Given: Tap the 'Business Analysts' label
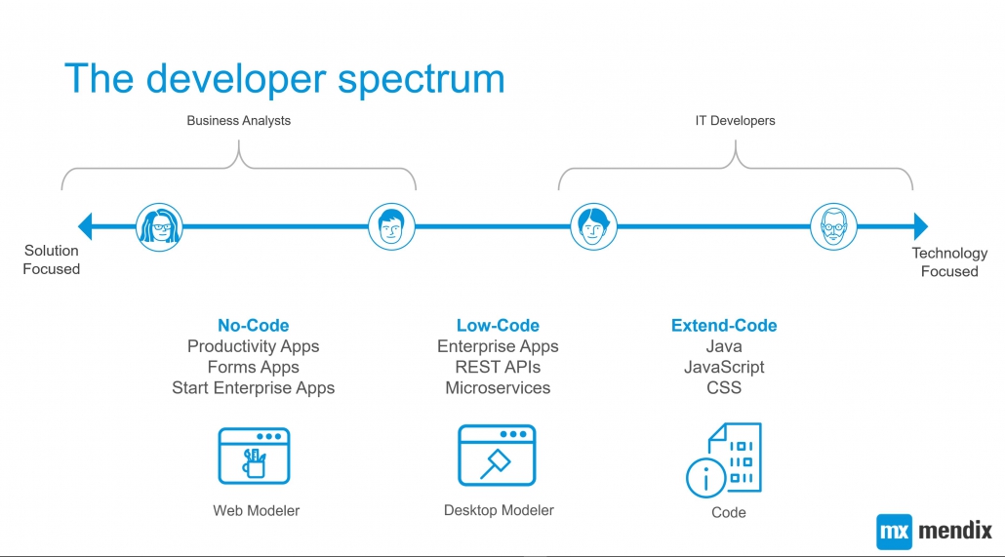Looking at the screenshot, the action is pyautogui.click(x=238, y=121).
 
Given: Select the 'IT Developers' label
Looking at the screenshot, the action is pyautogui.click(x=735, y=121).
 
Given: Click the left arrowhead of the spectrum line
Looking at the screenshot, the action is pyautogui.click(x=85, y=226).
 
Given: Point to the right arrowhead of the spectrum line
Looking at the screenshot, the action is pyautogui.click(x=921, y=226).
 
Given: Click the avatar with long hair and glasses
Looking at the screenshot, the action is pyautogui.click(x=159, y=227).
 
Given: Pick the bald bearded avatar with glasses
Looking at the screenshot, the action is pyautogui.click(x=833, y=227).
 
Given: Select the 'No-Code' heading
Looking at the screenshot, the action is pyautogui.click(x=253, y=326).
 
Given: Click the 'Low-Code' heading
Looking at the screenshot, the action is pyautogui.click(x=498, y=326).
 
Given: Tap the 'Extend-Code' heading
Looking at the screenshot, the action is pyautogui.click(x=724, y=326).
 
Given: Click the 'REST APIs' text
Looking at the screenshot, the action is pyautogui.click(x=498, y=368).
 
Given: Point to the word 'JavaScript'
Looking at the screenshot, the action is pyautogui.click(x=724, y=368).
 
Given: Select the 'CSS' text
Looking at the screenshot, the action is pyautogui.click(x=724, y=388).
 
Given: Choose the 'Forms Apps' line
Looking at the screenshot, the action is pyautogui.click(x=253, y=368).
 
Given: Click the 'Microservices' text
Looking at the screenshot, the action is pyautogui.click(x=498, y=388).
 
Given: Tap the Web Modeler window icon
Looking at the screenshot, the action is pyautogui.click(x=255, y=456).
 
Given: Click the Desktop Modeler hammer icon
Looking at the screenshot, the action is pyautogui.click(x=497, y=456).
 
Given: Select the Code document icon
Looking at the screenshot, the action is pyautogui.click(x=724, y=459).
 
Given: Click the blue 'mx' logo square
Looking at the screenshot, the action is pyautogui.click(x=894, y=532).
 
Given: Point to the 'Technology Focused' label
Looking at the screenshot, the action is pyautogui.click(x=949, y=262).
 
